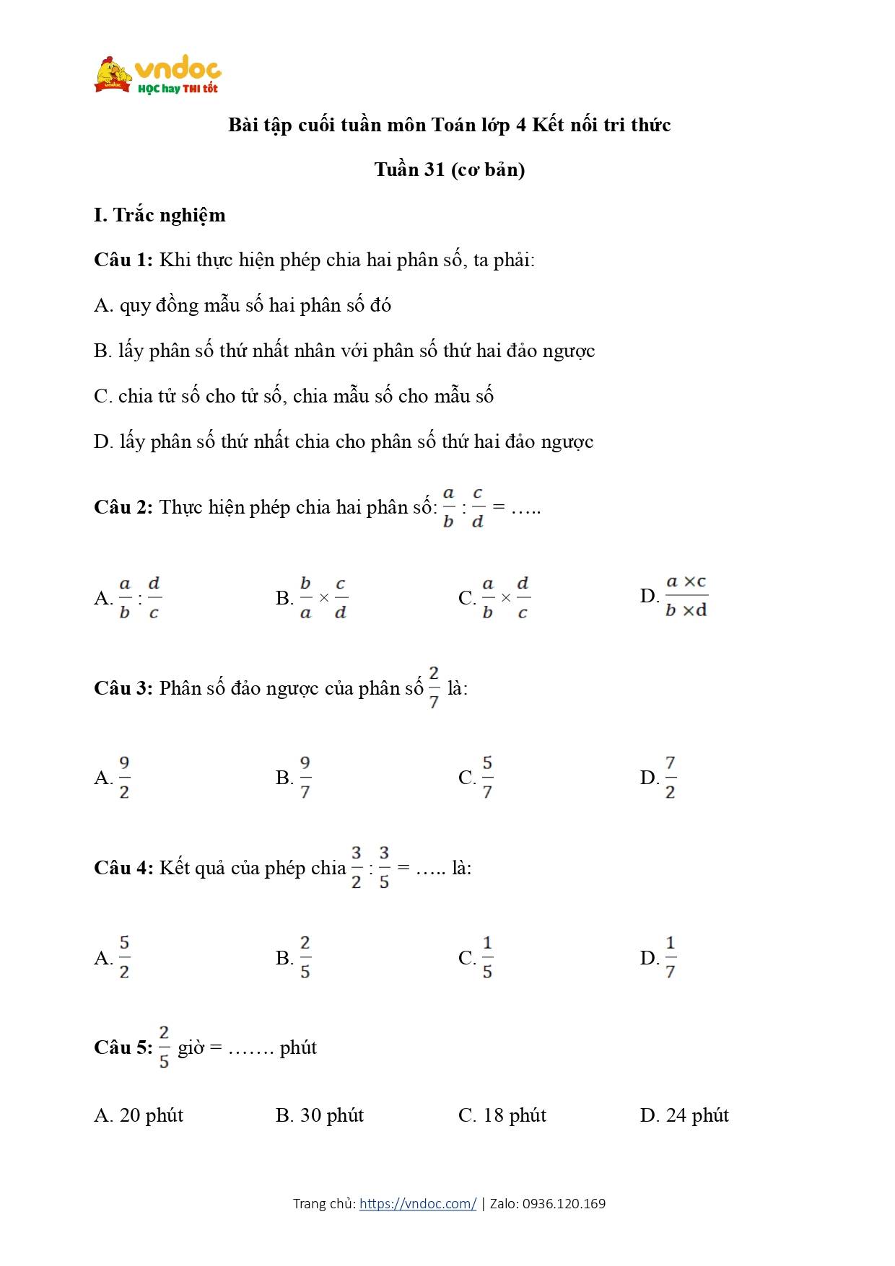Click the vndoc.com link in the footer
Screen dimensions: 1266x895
click(417, 1203)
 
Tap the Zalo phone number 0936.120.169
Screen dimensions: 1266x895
click(564, 1203)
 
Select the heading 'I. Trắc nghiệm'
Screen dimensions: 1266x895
click(160, 215)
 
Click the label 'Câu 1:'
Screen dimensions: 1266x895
click(123, 260)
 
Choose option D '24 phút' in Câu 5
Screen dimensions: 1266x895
click(684, 1115)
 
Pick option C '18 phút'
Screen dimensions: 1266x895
click(502, 1115)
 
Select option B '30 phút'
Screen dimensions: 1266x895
click(320, 1115)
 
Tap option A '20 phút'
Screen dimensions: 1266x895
click(139, 1115)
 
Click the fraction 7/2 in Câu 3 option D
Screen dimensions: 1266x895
click(670, 778)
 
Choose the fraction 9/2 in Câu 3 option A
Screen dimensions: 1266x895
click(124, 778)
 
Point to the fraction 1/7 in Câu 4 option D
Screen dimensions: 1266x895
click(670, 957)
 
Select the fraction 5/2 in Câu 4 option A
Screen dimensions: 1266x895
click(124, 957)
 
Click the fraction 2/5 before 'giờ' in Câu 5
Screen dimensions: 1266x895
click(164, 1047)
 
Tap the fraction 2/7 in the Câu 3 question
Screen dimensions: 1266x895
click(433, 687)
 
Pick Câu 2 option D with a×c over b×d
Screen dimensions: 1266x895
click(686, 596)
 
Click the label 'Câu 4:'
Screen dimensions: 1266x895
click(123, 868)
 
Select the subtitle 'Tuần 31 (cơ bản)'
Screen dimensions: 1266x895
click(449, 170)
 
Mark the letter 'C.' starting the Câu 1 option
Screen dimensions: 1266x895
click(102, 396)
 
